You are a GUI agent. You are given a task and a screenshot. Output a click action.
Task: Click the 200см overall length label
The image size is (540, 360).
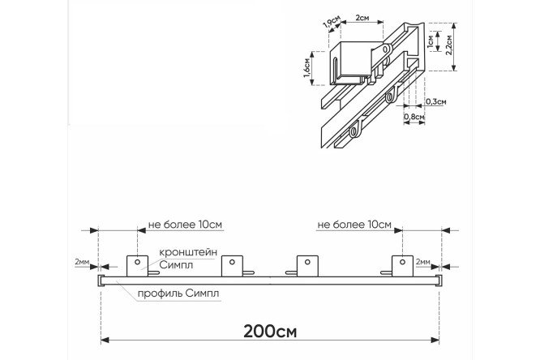pyautogui.click(x=270, y=332)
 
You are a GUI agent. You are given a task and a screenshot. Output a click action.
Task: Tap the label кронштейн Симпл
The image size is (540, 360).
pyautogui.click(x=188, y=259)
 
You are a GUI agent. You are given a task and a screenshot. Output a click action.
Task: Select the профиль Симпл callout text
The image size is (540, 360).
pyautogui.click(x=178, y=294)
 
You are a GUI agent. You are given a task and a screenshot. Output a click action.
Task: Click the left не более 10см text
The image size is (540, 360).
pyautogui.click(x=185, y=225)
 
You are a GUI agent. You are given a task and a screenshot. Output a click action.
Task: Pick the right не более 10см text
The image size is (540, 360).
pyautogui.click(x=354, y=225)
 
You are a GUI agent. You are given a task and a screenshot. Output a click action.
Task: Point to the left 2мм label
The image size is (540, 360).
pyautogui.click(x=82, y=262)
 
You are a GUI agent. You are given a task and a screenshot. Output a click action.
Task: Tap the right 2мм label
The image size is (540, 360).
pyautogui.click(x=423, y=262)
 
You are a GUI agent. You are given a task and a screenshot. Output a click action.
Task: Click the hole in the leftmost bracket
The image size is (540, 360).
pyautogui.click(x=137, y=262)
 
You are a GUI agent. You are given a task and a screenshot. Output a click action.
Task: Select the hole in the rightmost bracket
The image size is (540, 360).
pyautogui.click(x=402, y=262)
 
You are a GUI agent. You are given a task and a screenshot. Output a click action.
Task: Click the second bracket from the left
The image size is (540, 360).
pyautogui.click(x=232, y=266)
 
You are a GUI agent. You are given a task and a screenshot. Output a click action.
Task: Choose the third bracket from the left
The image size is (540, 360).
pyautogui.click(x=307, y=266)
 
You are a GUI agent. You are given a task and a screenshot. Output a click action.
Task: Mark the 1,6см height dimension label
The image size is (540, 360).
pyautogui.click(x=307, y=68)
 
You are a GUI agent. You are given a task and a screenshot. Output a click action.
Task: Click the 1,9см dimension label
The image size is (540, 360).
pyautogui.click(x=332, y=24)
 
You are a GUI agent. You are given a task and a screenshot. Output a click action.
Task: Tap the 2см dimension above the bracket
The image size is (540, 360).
pyautogui.click(x=362, y=17)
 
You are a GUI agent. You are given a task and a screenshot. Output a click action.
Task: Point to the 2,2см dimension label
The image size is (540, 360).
pyautogui.click(x=448, y=45)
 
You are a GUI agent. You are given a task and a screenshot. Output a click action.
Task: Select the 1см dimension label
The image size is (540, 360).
pyautogui.click(x=431, y=41)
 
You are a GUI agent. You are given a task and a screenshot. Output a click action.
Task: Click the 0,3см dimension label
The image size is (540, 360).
pyautogui.click(x=436, y=101)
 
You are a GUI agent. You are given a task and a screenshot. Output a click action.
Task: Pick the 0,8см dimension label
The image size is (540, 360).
pyautogui.click(x=414, y=117)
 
